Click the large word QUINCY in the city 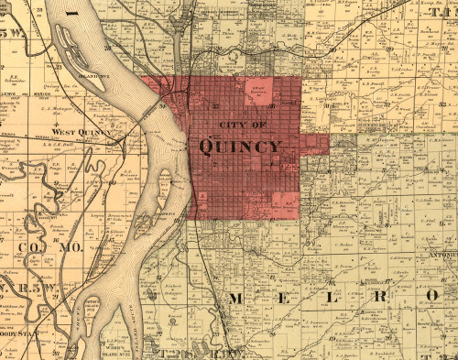tap(239, 147)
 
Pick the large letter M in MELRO tap(235, 299)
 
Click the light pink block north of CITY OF tap(262, 91)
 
